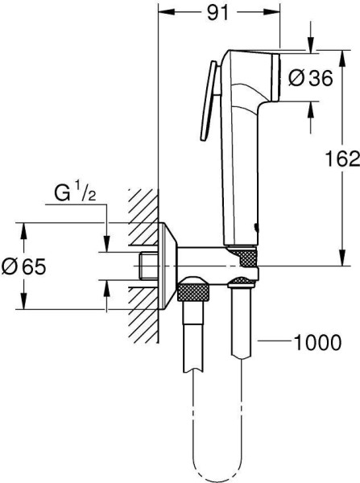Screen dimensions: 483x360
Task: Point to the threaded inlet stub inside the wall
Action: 147,265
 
